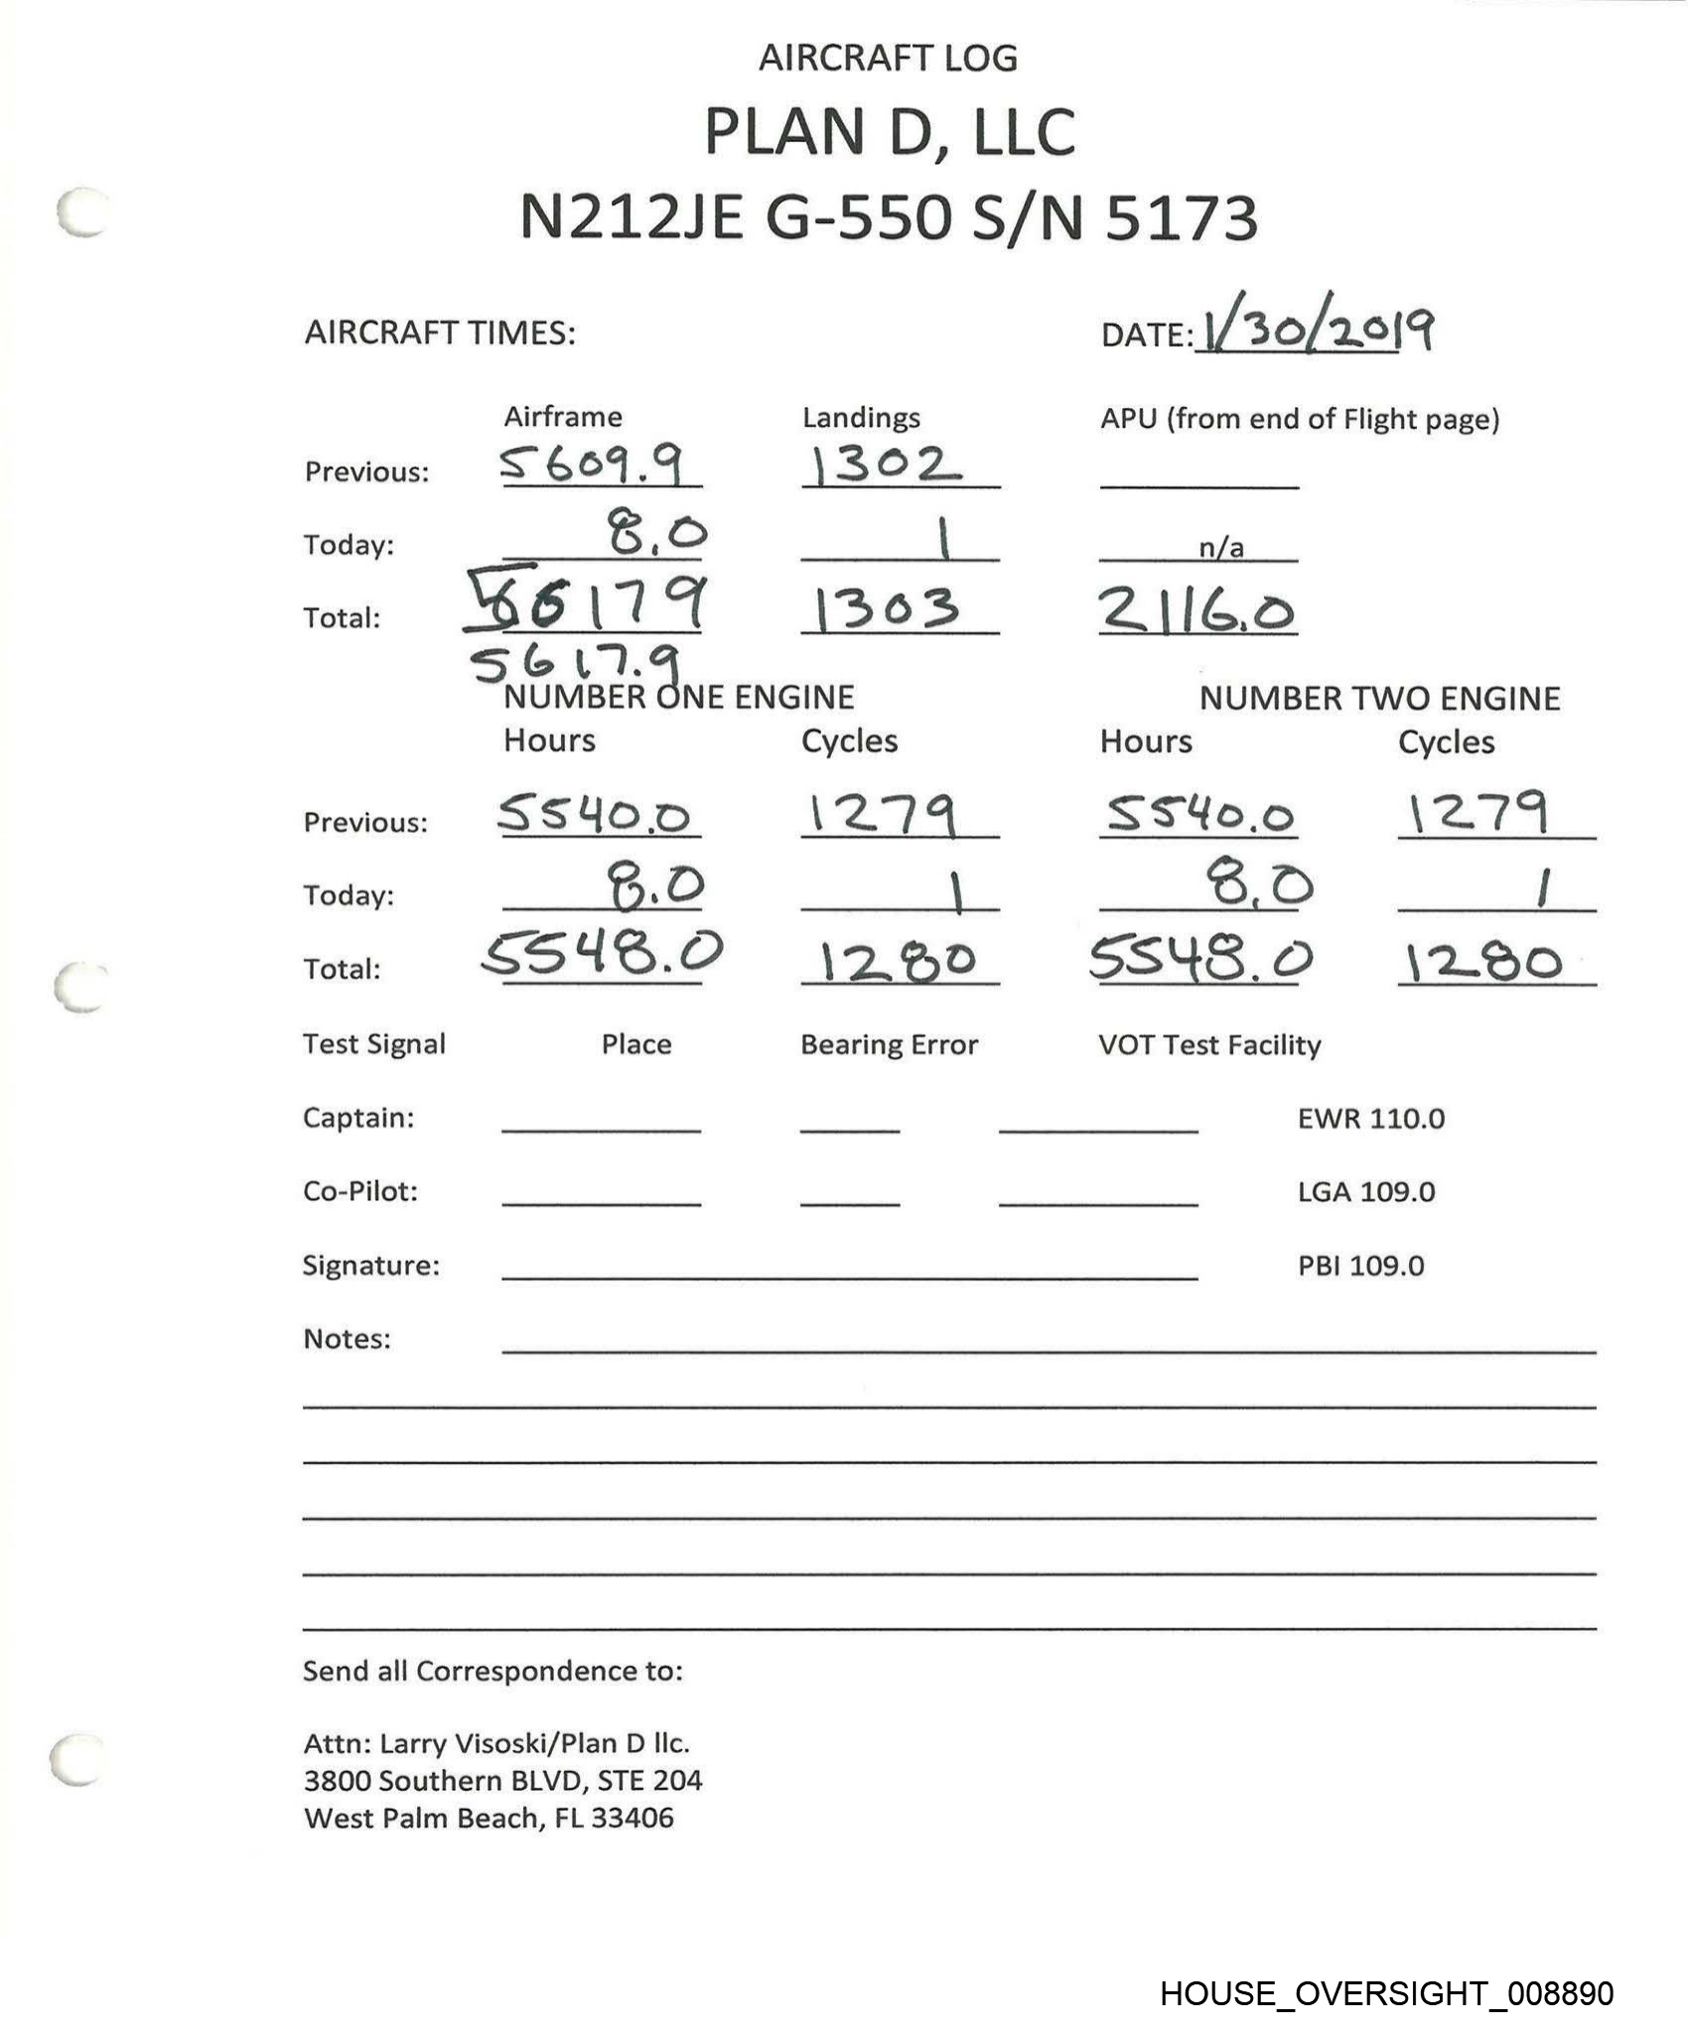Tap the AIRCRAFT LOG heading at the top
(888, 58)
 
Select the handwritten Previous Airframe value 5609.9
(593, 464)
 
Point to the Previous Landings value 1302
(885, 464)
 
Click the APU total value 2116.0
(1196, 609)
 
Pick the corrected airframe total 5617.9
(577, 662)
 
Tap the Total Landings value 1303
(887, 609)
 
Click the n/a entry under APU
(1220, 547)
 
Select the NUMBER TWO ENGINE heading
(1379, 698)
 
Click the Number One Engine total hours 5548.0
(602, 955)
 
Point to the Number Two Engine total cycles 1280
(1483, 962)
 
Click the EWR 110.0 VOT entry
(1371, 1119)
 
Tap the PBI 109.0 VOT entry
(1360, 1266)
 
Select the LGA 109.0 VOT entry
(1366, 1191)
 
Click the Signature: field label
(370, 1266)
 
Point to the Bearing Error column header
(889, 1044)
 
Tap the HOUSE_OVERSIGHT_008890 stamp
(1386, 1993)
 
